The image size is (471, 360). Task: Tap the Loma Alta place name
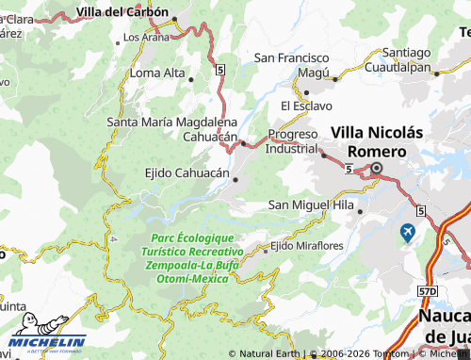click(x=157, y=73)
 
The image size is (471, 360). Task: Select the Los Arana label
click(x=145, y=37)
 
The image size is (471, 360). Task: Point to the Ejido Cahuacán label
click(x=186, y=173)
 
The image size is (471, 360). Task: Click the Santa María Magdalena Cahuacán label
click(x=172, y=129)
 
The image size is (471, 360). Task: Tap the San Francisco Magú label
click(x=292, y=64)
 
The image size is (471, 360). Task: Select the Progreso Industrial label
click(x=293, y=140)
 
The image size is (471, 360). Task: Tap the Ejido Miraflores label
click(x=306, y=246)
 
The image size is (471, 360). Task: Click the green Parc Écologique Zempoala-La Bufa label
click(x=193, y=258)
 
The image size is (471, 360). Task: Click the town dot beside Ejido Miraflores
click(x=266, y=247)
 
